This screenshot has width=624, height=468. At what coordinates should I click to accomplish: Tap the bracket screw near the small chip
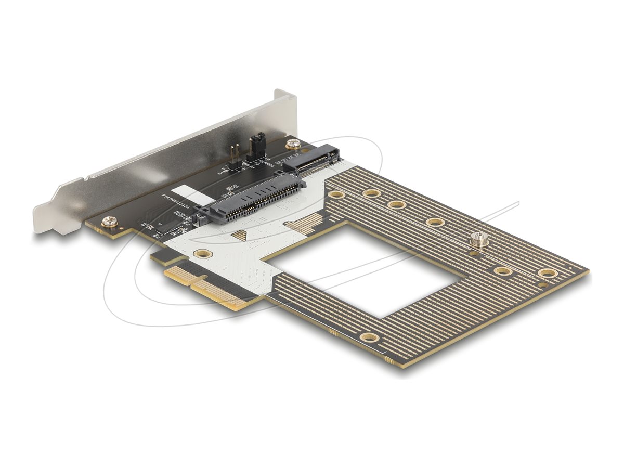[110, 222]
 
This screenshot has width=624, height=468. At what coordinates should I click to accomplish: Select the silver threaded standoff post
[479, 240]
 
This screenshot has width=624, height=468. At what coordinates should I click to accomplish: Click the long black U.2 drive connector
[250, 201]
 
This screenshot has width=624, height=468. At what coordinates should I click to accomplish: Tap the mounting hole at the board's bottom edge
[369, 337]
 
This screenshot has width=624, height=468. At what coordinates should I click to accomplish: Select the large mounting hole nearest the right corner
[547, 273]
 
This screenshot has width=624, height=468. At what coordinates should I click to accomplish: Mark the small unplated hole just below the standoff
[474, 254]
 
